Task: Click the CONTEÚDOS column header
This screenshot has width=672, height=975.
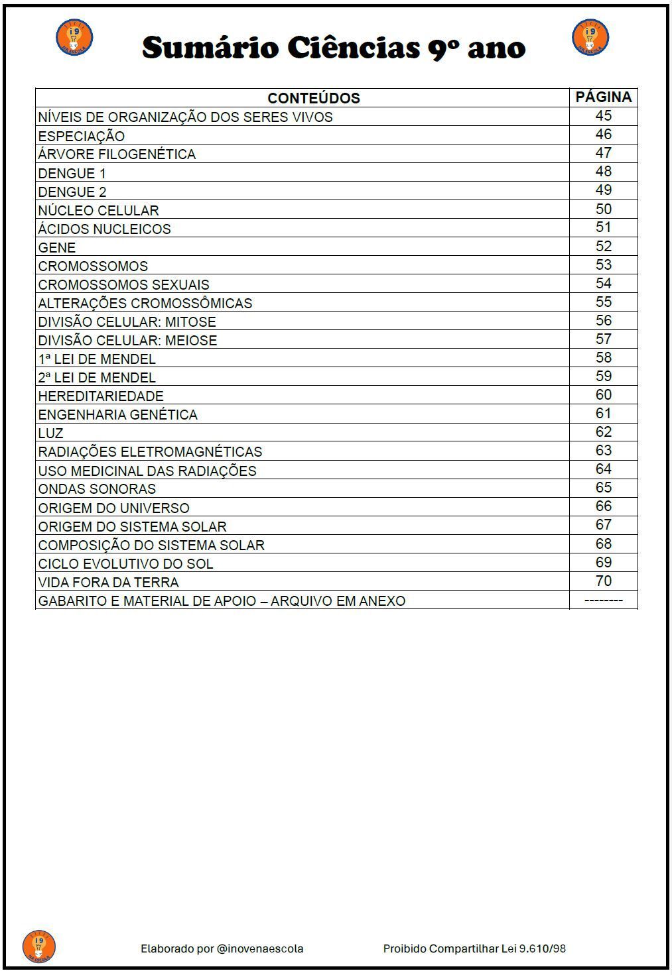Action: tap(313, 98)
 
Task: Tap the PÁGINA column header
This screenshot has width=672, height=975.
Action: tap(603, 97)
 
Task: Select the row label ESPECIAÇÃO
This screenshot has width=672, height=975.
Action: tap(82, 136)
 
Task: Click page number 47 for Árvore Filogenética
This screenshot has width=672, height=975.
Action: tap(603, 153)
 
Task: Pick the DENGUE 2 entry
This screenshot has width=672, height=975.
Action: tap(72, 192)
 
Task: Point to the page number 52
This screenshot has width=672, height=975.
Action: tap(603, 247)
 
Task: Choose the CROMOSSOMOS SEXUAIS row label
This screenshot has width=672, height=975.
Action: tap(123, 285)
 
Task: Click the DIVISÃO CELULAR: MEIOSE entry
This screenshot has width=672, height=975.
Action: tap(127, 341)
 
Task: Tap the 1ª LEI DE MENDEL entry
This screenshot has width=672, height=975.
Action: tap(97, 359)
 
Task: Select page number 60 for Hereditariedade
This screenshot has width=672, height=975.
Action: tap(603, 395)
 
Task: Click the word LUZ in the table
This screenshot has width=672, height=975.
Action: tap(51, 433)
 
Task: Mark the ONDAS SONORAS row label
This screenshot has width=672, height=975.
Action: tap(97, 489)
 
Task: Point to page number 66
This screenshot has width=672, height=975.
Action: tap(603, 506)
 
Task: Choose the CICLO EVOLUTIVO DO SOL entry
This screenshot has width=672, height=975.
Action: tap(125, 564)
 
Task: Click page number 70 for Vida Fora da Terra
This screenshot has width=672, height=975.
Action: tap(603, 581)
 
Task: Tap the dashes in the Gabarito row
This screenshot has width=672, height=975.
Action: tap(603, 601)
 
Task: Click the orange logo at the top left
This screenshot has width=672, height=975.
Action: tap(74, 38)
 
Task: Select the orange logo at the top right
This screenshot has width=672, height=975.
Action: tap(590, 38)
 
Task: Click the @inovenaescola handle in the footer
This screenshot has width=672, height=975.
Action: tap(260, 948)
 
